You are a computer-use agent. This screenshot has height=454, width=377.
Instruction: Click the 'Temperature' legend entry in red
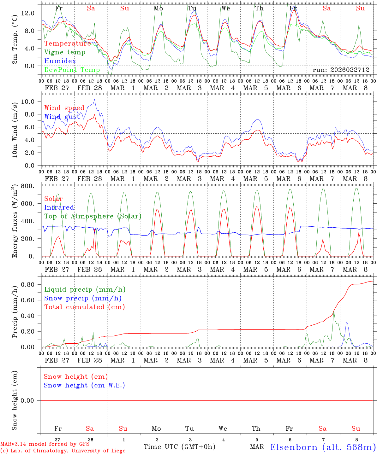pos(68,44)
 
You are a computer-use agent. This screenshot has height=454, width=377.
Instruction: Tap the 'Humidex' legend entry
pos(60,61)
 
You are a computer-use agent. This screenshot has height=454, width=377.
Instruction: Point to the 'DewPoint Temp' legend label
pos(72,70)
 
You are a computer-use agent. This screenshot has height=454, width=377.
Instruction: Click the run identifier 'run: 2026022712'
pos(341,70)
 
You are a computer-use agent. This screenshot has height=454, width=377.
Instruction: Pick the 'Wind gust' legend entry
pos(62,117)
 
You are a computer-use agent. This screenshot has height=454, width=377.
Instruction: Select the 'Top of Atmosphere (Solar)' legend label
pos(93,216)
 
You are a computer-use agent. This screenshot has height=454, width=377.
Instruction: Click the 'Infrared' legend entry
pos(59,207)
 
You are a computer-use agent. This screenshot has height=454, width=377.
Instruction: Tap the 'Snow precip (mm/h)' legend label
pos(83,298)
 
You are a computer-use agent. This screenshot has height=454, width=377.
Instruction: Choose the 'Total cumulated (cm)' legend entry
pos(85,307)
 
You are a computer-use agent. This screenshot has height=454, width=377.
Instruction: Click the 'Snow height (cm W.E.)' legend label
pos(84,385)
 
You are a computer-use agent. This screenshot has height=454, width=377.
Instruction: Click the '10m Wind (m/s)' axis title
pos(15,129)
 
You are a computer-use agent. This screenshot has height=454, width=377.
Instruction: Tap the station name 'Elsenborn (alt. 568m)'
pos(323,447)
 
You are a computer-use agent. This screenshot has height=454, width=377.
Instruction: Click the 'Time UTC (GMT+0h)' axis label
pos(179,447)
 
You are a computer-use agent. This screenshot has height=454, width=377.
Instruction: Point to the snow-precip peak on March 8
pos(346,323)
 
